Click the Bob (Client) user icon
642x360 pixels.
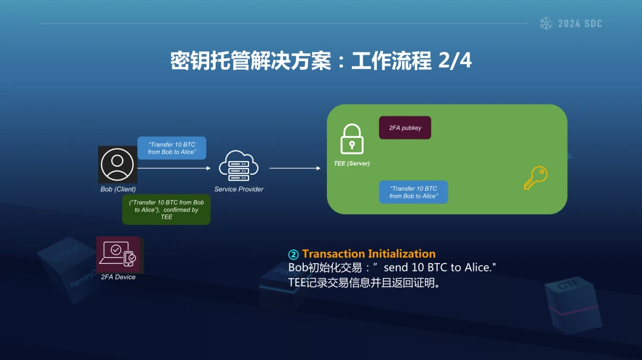[x=118, y=165]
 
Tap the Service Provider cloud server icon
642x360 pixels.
[x=239, y=166]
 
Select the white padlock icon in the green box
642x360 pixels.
[x=352, y=139]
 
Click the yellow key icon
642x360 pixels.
[x=536, y=178]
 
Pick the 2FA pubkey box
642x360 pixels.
[x=405, y=128]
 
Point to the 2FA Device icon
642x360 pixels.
[x=119, y=254]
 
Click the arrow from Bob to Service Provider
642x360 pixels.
[x=174, y=168]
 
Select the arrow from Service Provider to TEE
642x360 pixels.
[x=295, y=168]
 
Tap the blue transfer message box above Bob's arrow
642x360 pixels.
[x=172, y=148]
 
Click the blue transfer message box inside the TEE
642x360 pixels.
[x=414, y=192]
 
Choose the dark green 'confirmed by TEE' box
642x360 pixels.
[x=166, y=210]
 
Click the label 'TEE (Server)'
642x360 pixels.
[x=352, y=163]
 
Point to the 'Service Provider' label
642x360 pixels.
[x=239, y=189]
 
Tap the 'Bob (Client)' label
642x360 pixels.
[x=118, y=189]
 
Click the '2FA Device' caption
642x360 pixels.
[x=118, y=277]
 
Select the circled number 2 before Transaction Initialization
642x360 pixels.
[x=293, y=254]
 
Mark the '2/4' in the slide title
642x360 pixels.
[x=455, y=61]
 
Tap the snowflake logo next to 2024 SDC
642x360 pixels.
[x=546, y=23]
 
